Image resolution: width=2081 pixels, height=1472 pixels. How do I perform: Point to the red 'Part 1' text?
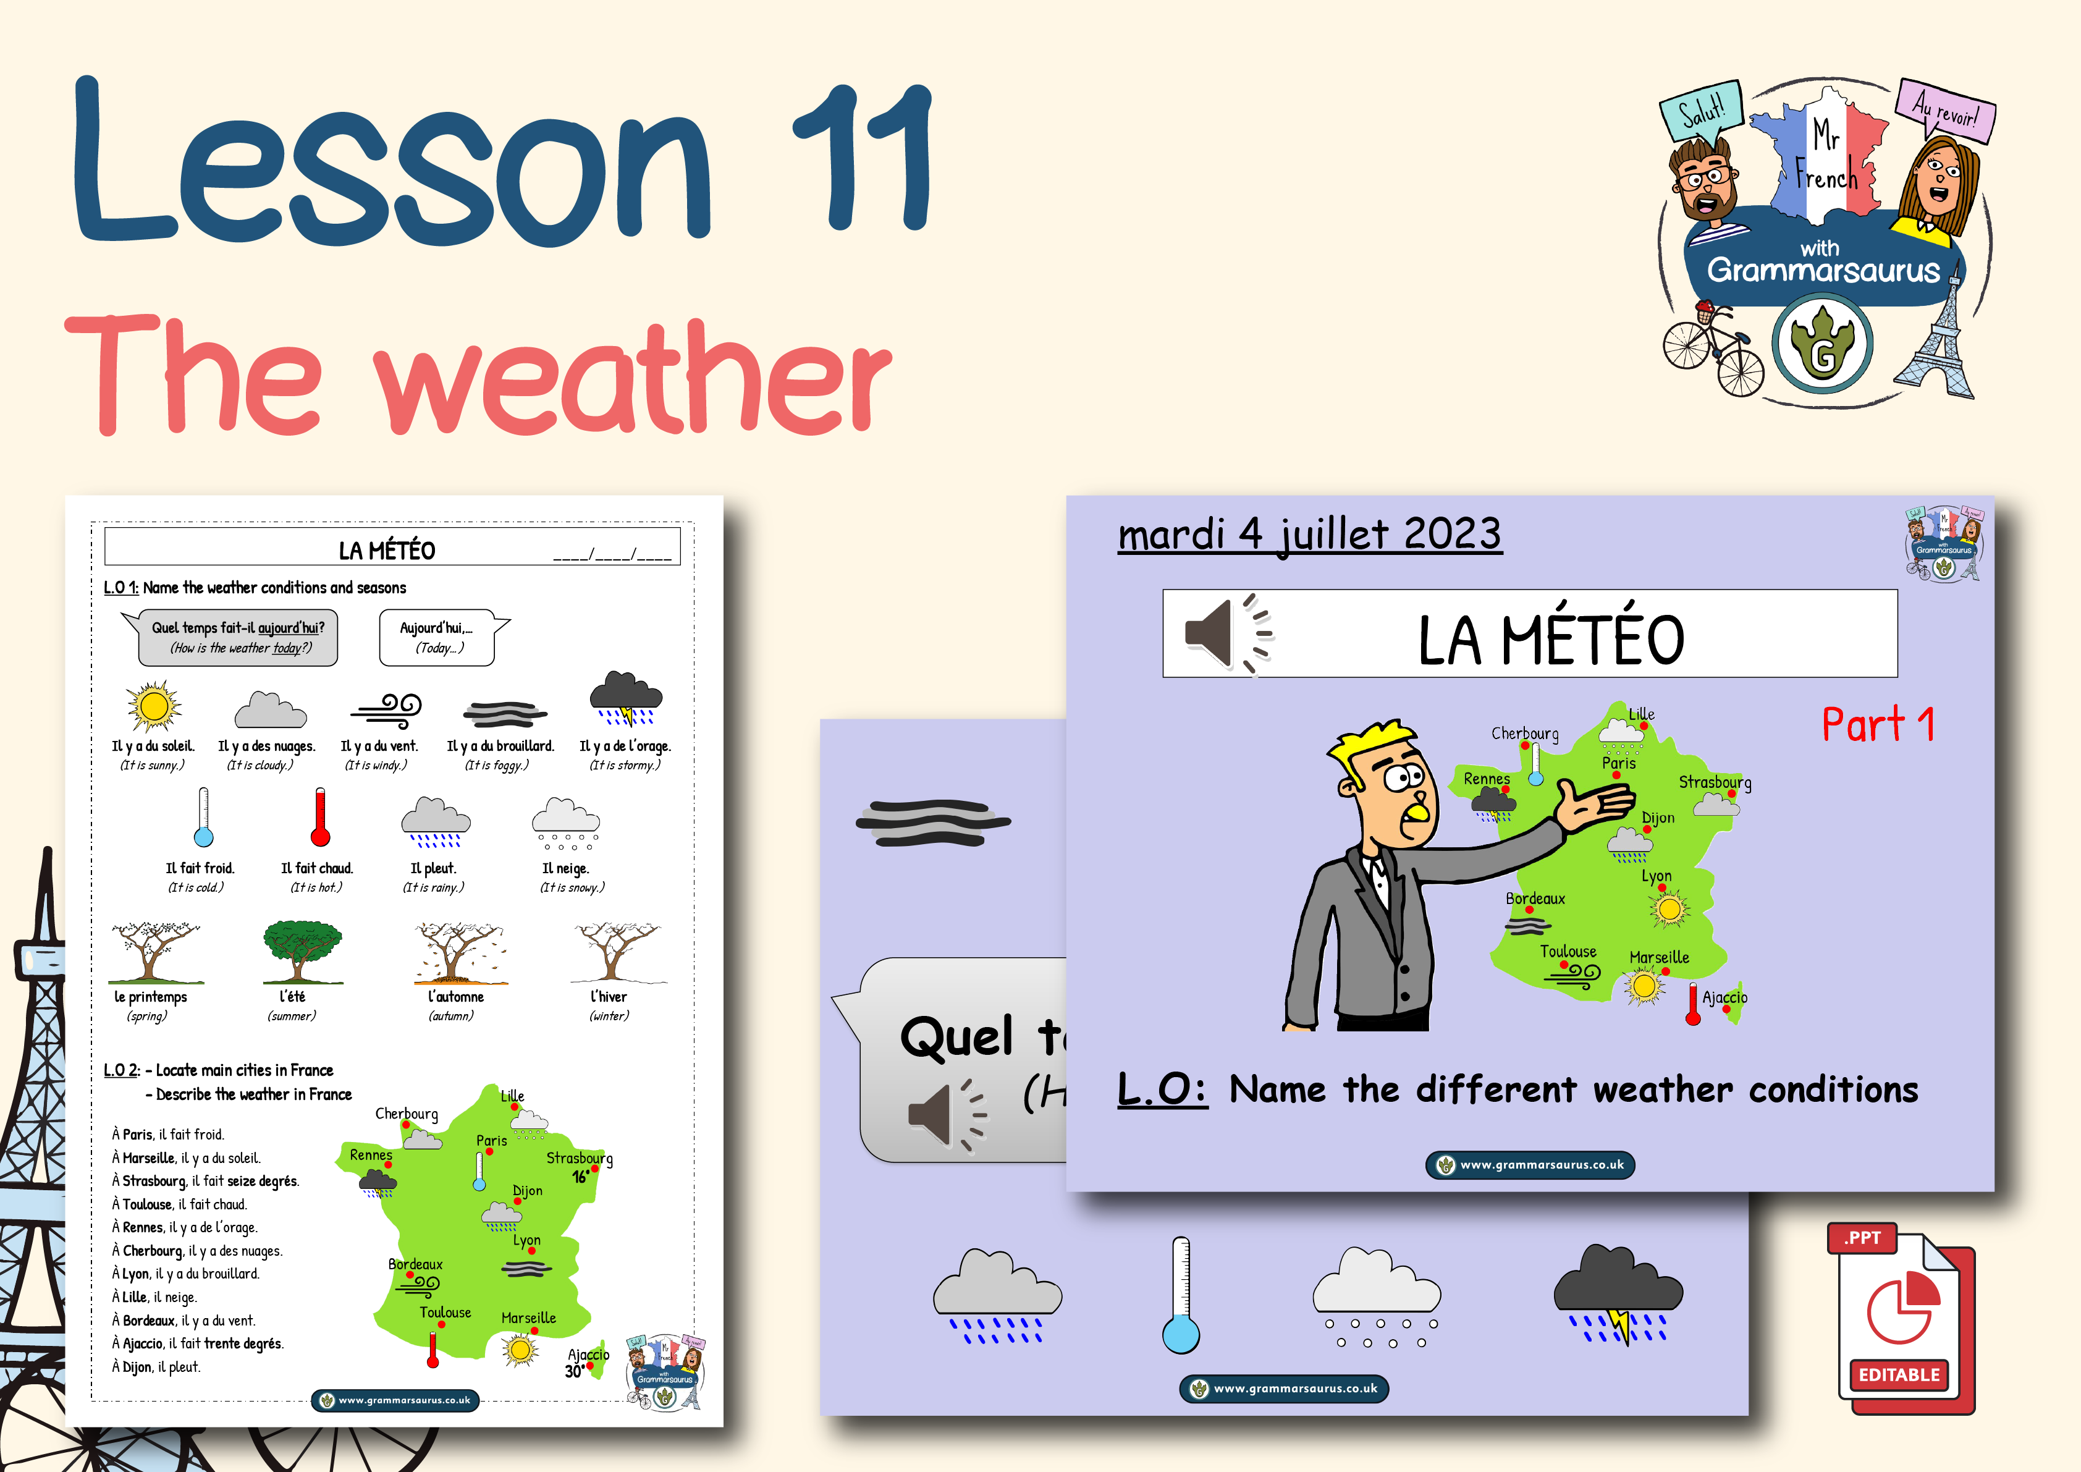(1878, 725)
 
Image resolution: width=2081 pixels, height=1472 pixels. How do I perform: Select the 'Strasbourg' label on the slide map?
(1714, 781)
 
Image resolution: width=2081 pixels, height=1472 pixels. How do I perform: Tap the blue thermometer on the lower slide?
(1181, 1296)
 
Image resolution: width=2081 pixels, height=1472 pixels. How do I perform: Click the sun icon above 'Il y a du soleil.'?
(153, 706)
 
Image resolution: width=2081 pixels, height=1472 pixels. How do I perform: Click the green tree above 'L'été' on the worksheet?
(302, 950)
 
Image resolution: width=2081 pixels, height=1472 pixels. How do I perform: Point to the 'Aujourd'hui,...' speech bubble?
(439, 637)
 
